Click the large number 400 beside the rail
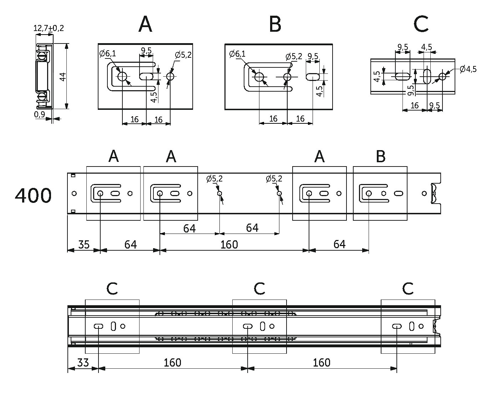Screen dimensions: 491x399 click(x=33, y=196)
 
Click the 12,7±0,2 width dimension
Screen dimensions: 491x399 click(x=49, y=28)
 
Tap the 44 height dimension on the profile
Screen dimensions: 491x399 click(x=63, y=77)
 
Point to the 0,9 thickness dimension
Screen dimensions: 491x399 click(x=40, y=114)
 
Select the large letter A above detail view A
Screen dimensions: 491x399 click(x=145, y=24)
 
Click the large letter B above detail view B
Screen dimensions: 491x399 click(x=275, y=24)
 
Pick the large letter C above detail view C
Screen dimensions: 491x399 click(x=421, y=24)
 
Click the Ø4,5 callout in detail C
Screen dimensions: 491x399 click(x=468, y=69)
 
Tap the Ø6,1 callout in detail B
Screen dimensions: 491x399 click(x=237, y=54)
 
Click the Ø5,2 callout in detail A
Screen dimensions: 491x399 click(x=183, y=55)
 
